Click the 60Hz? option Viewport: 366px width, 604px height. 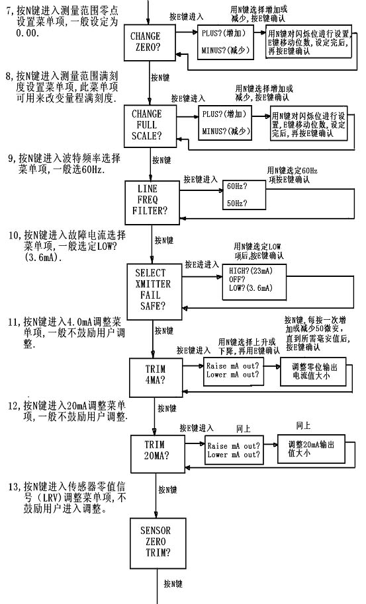point(237,186)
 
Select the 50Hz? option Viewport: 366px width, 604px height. point(237,203)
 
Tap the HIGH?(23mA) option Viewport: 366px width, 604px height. point(251,271)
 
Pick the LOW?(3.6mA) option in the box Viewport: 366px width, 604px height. point(251,287)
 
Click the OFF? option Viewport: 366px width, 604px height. point(237,280)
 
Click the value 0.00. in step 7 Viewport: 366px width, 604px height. point(28,33)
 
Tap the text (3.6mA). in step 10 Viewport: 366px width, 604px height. point(43,257)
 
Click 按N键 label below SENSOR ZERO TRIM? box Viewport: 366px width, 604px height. point(173,584)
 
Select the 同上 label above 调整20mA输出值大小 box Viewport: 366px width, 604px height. point(303,426)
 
